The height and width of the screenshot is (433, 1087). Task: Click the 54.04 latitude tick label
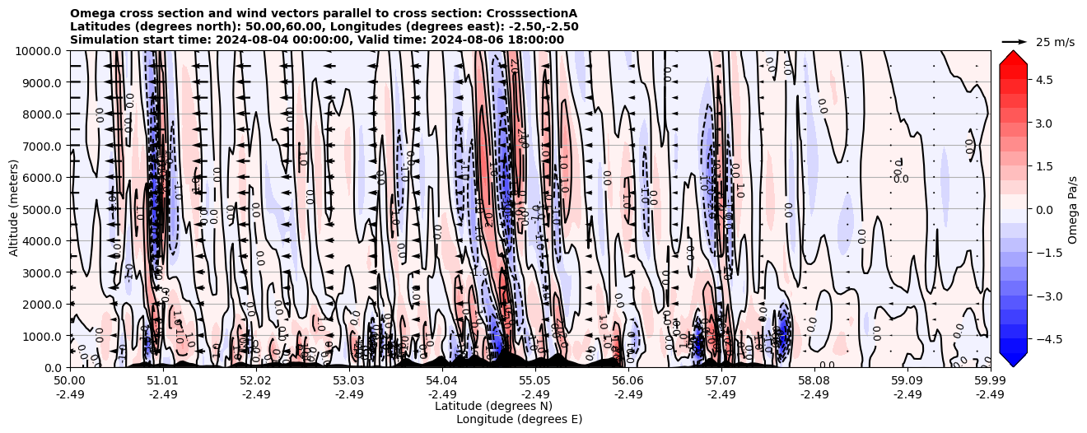point(441,381)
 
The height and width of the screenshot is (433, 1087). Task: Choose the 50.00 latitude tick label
point(70,381)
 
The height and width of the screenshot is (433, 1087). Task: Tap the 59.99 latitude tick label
point(989,381)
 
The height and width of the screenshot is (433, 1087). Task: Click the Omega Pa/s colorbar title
point(1072,209)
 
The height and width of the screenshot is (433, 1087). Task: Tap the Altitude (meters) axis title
point(14,209)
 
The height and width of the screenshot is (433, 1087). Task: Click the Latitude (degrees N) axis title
point(493,406)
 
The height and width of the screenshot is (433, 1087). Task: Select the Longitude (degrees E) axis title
point(519,419)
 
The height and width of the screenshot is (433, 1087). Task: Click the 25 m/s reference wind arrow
point(1015,41)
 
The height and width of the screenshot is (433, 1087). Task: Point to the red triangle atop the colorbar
point(1013,57)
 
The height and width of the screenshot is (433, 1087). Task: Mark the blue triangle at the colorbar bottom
point(1013,360)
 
